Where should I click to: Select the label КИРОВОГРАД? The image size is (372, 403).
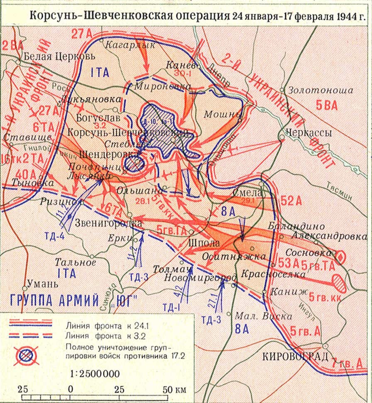291,356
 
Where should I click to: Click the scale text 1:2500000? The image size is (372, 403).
95,374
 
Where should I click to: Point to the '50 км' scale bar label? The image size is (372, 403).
173,390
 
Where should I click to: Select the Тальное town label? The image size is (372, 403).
76,263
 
